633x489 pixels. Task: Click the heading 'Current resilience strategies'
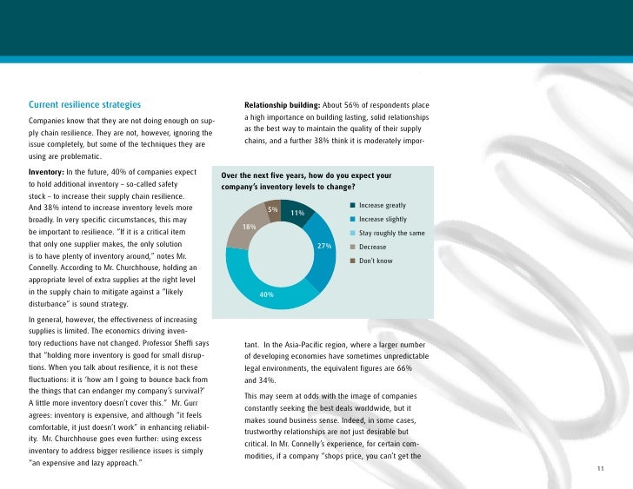click(x=84, y=106)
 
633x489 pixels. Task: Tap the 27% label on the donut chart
click(x=324, y=247)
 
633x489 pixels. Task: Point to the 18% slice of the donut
click(x=246, y=226)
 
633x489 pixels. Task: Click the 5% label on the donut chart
click(x=272, y=209)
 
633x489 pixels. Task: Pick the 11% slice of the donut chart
click(x=297, y=213)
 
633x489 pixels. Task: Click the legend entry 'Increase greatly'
click(x=382, y=206)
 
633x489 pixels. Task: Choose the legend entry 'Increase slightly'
click(x=382, y=220)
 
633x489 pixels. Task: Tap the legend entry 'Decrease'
click(x=373, y=248)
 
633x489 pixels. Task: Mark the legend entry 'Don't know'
click(x=375, y=261)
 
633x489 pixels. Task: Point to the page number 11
click(x=600, y=470)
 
